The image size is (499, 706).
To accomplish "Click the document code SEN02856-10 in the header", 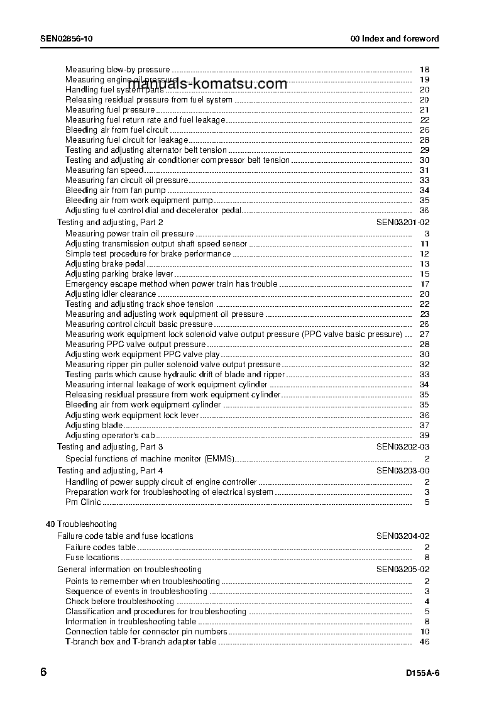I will pos(67,39).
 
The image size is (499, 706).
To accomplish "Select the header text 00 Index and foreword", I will pos(395,39).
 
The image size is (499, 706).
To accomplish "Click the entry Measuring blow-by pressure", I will pos(118,70).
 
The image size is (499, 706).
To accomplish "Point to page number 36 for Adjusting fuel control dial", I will pos(424,211).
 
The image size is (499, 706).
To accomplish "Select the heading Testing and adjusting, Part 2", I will pos(110,223).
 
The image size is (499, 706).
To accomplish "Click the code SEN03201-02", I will pos(403,223).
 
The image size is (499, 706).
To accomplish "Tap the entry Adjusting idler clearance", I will pos(111,294).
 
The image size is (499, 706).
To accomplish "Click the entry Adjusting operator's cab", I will pos(110,436).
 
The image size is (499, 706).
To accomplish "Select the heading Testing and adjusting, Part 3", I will pos(110,447).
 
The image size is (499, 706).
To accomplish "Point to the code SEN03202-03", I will pos(403,447).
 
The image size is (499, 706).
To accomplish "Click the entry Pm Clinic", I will pos(83,502).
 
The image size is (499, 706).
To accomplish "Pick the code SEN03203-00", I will pos(403,471).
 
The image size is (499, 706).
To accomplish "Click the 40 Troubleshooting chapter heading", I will pos(81,524).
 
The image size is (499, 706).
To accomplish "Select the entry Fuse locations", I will pos(92,558).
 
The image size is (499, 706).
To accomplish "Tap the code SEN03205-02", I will pos(403,570).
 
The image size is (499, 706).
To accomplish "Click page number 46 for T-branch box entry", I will pos(424,642).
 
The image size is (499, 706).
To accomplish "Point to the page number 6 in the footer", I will pos(43,672).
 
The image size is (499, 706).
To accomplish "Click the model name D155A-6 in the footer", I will pos(422,673).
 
